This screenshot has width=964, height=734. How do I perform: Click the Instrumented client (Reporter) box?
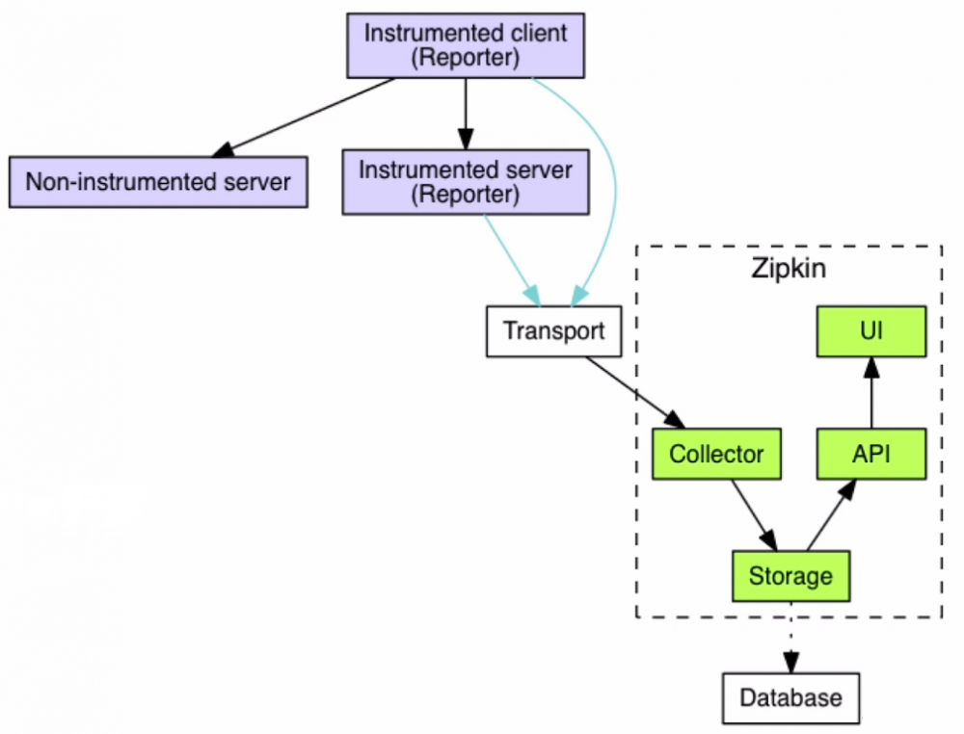tap(466, 45)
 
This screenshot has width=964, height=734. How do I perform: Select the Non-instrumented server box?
tap(158, 181)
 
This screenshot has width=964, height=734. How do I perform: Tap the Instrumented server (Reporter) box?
tap(466, 181)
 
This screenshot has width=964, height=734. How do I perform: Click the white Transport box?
tap(553, 331)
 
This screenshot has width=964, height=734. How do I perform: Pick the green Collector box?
tap(716, 454)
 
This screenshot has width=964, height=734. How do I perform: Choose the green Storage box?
tap(790, 576)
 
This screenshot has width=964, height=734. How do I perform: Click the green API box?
tap(871, 454)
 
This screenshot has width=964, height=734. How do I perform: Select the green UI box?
tap(871, 332)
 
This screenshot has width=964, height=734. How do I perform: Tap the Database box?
tap(790, 697)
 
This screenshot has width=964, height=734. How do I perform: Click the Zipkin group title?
tap(789, 268)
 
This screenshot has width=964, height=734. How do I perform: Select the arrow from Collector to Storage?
tap(752, 513)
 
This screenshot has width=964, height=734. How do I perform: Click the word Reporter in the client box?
tap(466, 58)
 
